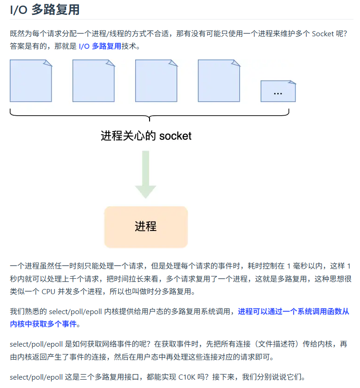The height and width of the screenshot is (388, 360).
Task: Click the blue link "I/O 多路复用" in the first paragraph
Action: pyautogui.click(x=100, y=46)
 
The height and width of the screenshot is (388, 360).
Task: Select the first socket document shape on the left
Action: pyautogui.click(x=31, y=80)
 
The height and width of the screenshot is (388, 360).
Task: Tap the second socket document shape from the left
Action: pyautogui.click(x=93, y=80)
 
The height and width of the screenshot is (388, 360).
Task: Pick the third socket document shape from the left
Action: pyautogui.click(x=156, y=80)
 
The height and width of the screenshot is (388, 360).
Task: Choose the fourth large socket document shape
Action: pyautogui.click(x=219, y=80)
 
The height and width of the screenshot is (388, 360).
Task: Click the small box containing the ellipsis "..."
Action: pyautogui.click(x=278, y=91)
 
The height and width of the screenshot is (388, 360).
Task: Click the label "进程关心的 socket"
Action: pyautogui.click(x=146, y=136)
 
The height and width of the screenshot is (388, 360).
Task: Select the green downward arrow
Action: pyautogui.click(x=145, y=175)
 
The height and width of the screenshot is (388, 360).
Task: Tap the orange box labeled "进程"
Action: pyautogui.click(x=146, y=227)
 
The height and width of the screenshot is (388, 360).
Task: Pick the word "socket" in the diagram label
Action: pyautogui.click(x=175, y=136)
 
